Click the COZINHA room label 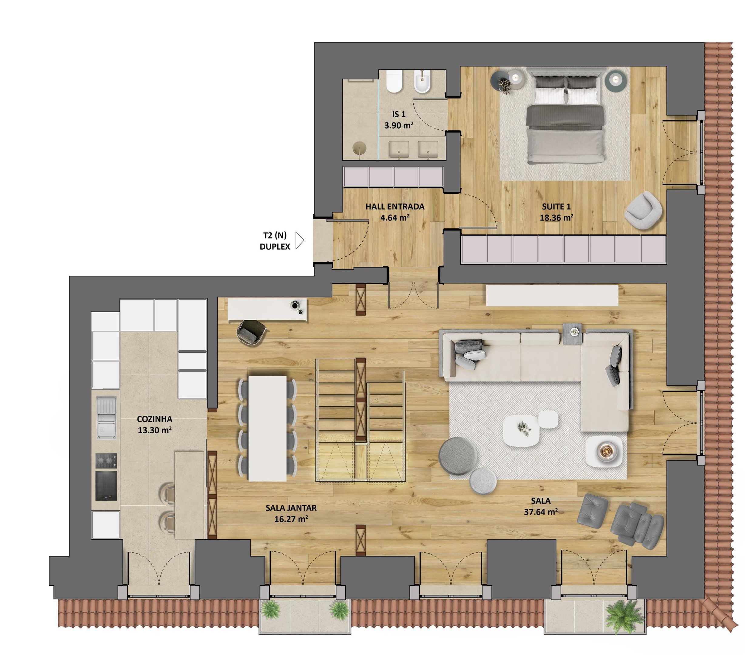coord(154,419)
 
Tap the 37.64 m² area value coord(540,512)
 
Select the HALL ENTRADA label coord(395,207)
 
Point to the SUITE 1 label coord(556,207)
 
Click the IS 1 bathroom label coord(399,114)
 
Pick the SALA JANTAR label coord(291,508)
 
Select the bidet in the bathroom coord(422,82)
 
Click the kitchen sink coord(107,418)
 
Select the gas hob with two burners coord(107,461)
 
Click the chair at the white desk coord(251,332)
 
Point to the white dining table coord(268,428)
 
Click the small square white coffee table coord(548,420)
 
